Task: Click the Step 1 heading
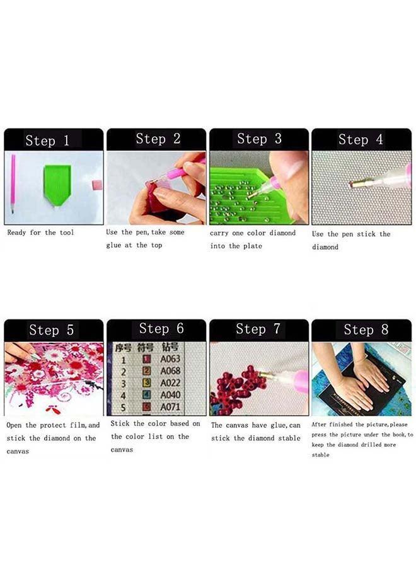[47, 140]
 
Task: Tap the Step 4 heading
[361, 140]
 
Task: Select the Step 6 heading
[161, 328]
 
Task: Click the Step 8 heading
[366, 329]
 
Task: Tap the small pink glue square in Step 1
[97, 184]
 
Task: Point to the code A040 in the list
[170, 396]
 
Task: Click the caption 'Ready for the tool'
[40, 232]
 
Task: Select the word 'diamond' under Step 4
[325, 247]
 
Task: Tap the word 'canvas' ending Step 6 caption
[122, 450]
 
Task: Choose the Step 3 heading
[259, 139]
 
